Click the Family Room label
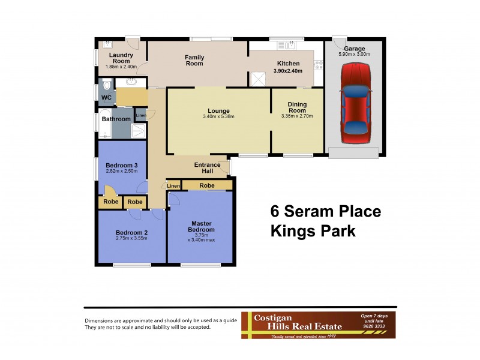click(x=194, y=60)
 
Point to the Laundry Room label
click(x=120, y=58)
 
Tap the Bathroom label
click(x=116, y=119)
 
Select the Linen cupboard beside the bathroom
click(x=141, y=115)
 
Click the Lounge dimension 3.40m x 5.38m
click(x=218, y=116)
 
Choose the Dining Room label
click(x=293, y=108)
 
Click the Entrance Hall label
click(x=207, y=168)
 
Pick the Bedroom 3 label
click(x=122, y=166)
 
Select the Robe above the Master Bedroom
click(x=207, y=186)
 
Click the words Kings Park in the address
click(x=313, y=230)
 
